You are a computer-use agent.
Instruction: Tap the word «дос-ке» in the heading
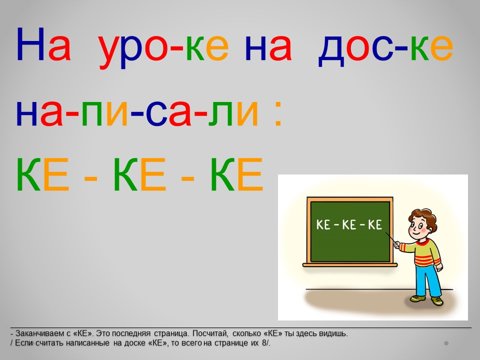click(x=385, y=49)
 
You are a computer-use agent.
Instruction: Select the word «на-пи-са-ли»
click(x=137, y=112)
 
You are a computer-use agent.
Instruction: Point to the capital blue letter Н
click(x=30, y=44)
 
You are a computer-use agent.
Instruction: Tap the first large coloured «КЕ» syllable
click(x=42, y=174)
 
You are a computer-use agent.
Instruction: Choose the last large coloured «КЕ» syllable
click(x=236, y=174)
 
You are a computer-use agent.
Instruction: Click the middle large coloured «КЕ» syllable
click(x=139, y=174)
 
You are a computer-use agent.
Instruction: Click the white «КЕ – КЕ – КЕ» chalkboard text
click(x=349, y=224)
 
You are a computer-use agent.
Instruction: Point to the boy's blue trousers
click(x=428, y=280)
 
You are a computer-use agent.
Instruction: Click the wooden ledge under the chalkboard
click(x=350, y=264)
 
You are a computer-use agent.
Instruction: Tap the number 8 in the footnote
click(x=264, y=343)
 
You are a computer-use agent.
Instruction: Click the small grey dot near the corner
click(x=446, y=343)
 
